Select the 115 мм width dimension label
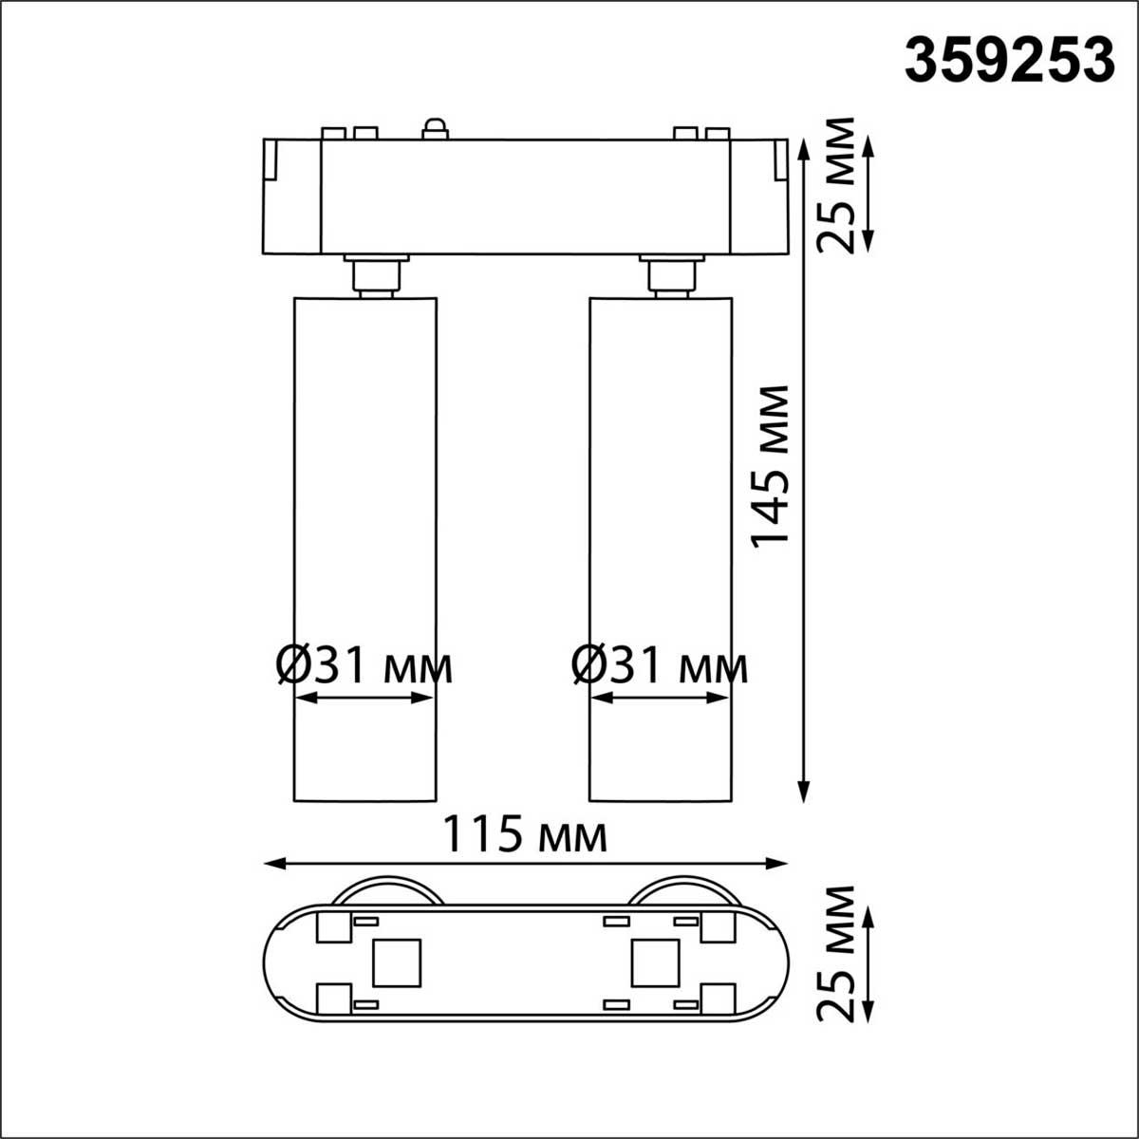click(x=526, y=836)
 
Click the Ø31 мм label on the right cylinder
click(x=660, y=666)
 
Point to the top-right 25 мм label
click(x=837, y=185)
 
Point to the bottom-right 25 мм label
click(x=837, y=953)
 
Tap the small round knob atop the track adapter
click(x=435, y=128)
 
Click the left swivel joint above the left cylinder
click(x=375, y=275)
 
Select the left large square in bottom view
click(x=397, y=962)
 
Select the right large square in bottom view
click(x=655, y=962)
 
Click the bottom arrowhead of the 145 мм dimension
click(x=804, y=793)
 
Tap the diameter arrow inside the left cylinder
click(x=364, y=698)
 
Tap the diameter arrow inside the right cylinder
click(x=660, y=698)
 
